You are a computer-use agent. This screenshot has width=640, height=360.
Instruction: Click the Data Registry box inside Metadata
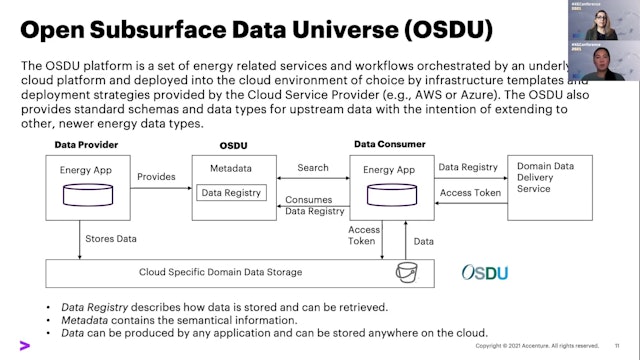pos(231,192)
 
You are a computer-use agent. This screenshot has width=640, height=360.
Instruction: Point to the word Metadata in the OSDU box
pos(231,169)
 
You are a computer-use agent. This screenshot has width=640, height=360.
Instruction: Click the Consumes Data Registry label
pos(309,205)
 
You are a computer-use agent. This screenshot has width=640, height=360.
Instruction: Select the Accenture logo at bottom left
pos(23,346)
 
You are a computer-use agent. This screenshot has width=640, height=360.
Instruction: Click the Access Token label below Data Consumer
pos(364,236)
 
